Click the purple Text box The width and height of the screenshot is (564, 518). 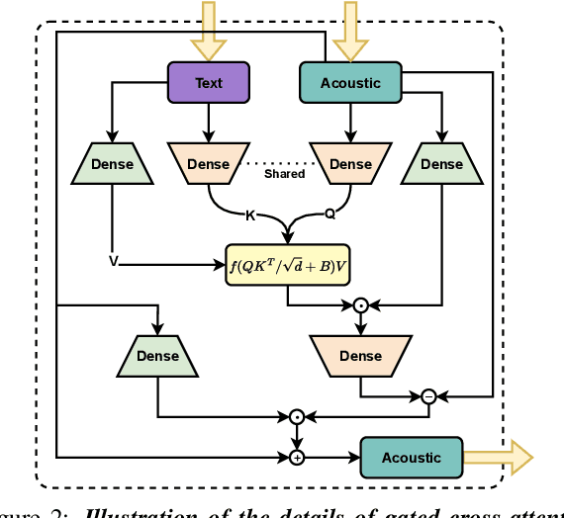pos(208,83)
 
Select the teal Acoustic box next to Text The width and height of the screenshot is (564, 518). pos(350,83)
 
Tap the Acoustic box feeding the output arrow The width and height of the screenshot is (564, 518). pos(411,457)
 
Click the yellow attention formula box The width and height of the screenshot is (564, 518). pos(287,264)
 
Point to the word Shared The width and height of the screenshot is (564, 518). pos(284,174)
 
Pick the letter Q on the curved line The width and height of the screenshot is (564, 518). pos(329,214)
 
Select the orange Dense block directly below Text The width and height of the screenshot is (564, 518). pos(208,164)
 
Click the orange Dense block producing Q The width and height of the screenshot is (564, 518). pos(350,164)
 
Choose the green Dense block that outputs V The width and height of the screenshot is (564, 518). pos(112,164)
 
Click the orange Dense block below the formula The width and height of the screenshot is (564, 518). pos(360,356)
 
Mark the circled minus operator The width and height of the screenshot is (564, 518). pos(428,395)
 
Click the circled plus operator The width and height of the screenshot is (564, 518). pos(296,457)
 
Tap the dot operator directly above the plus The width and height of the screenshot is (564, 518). pos(296,416)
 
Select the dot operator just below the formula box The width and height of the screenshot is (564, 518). pos(361,305)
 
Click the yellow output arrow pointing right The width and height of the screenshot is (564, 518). pos(499,457)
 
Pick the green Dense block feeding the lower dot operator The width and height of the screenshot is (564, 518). pos(158,356)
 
